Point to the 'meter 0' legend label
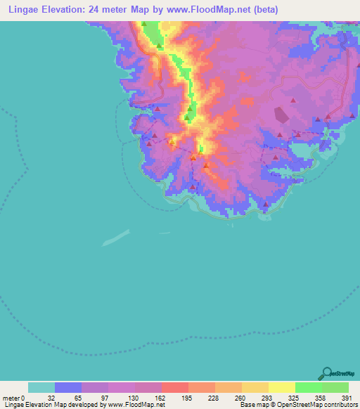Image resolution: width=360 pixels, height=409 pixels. pyautogui.click(x=14, y=398)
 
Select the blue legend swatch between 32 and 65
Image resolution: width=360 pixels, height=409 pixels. pyautogui.click(x=68, y=387)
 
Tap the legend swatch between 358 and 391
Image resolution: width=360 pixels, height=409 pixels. pyautogui.click(x=335, y=387)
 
